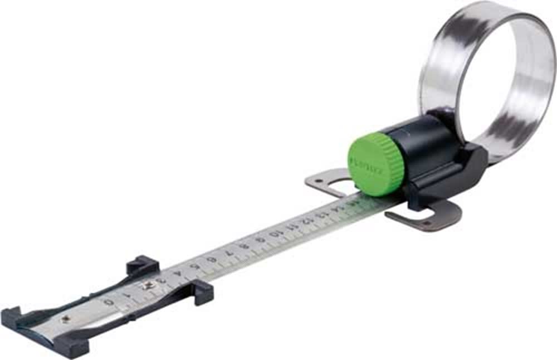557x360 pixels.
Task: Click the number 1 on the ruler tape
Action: [x=128, y=293]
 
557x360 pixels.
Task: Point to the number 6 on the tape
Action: [x=212, y=259]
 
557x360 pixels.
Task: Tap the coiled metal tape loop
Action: [x=490, y=78]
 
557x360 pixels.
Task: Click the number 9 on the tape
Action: [x=260, y=240]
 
